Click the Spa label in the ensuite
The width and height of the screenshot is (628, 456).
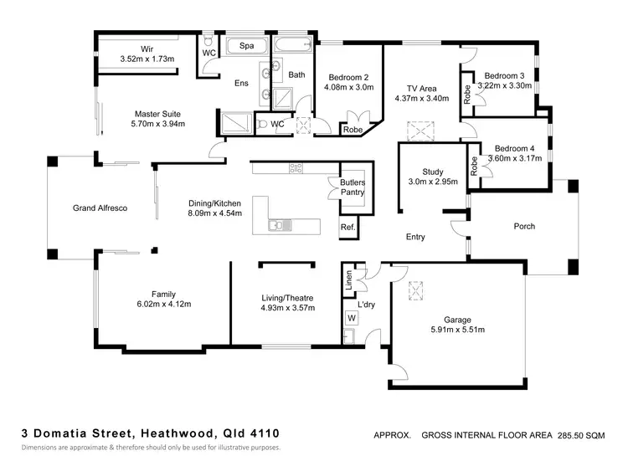pos(247,45)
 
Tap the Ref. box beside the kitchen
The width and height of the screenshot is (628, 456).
pos(347,228)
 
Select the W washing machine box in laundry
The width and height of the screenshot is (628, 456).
pos(351,318)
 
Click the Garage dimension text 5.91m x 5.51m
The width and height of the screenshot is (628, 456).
pos(458,330)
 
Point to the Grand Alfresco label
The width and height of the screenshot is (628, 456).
pos(100,208)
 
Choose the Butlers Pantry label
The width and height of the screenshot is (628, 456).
pos(352,187)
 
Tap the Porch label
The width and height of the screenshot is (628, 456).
pos(524,227)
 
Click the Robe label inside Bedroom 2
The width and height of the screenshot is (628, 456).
pos(352,130)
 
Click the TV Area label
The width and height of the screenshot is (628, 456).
pos(422,87)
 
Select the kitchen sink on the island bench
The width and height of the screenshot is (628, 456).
pos(277,224)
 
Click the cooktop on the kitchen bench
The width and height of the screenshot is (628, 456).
pos(296,168)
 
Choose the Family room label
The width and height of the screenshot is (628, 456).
pos(163,294)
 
